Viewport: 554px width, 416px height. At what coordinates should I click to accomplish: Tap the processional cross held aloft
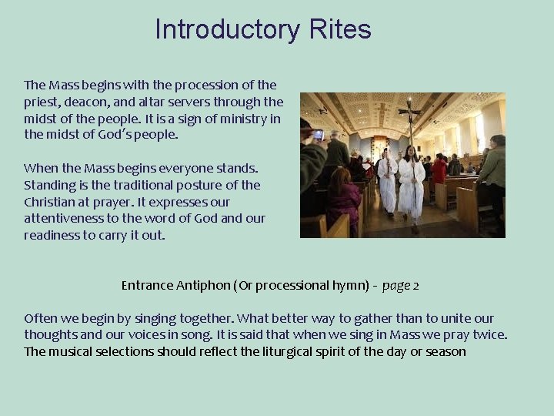410,114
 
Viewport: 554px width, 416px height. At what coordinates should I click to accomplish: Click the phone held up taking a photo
318,134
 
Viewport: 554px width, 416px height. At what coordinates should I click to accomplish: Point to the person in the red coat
439,169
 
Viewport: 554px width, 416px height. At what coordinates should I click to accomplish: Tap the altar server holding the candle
387,181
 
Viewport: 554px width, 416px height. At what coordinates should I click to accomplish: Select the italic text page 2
400,286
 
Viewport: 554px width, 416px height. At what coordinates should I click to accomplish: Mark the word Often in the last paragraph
39,319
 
